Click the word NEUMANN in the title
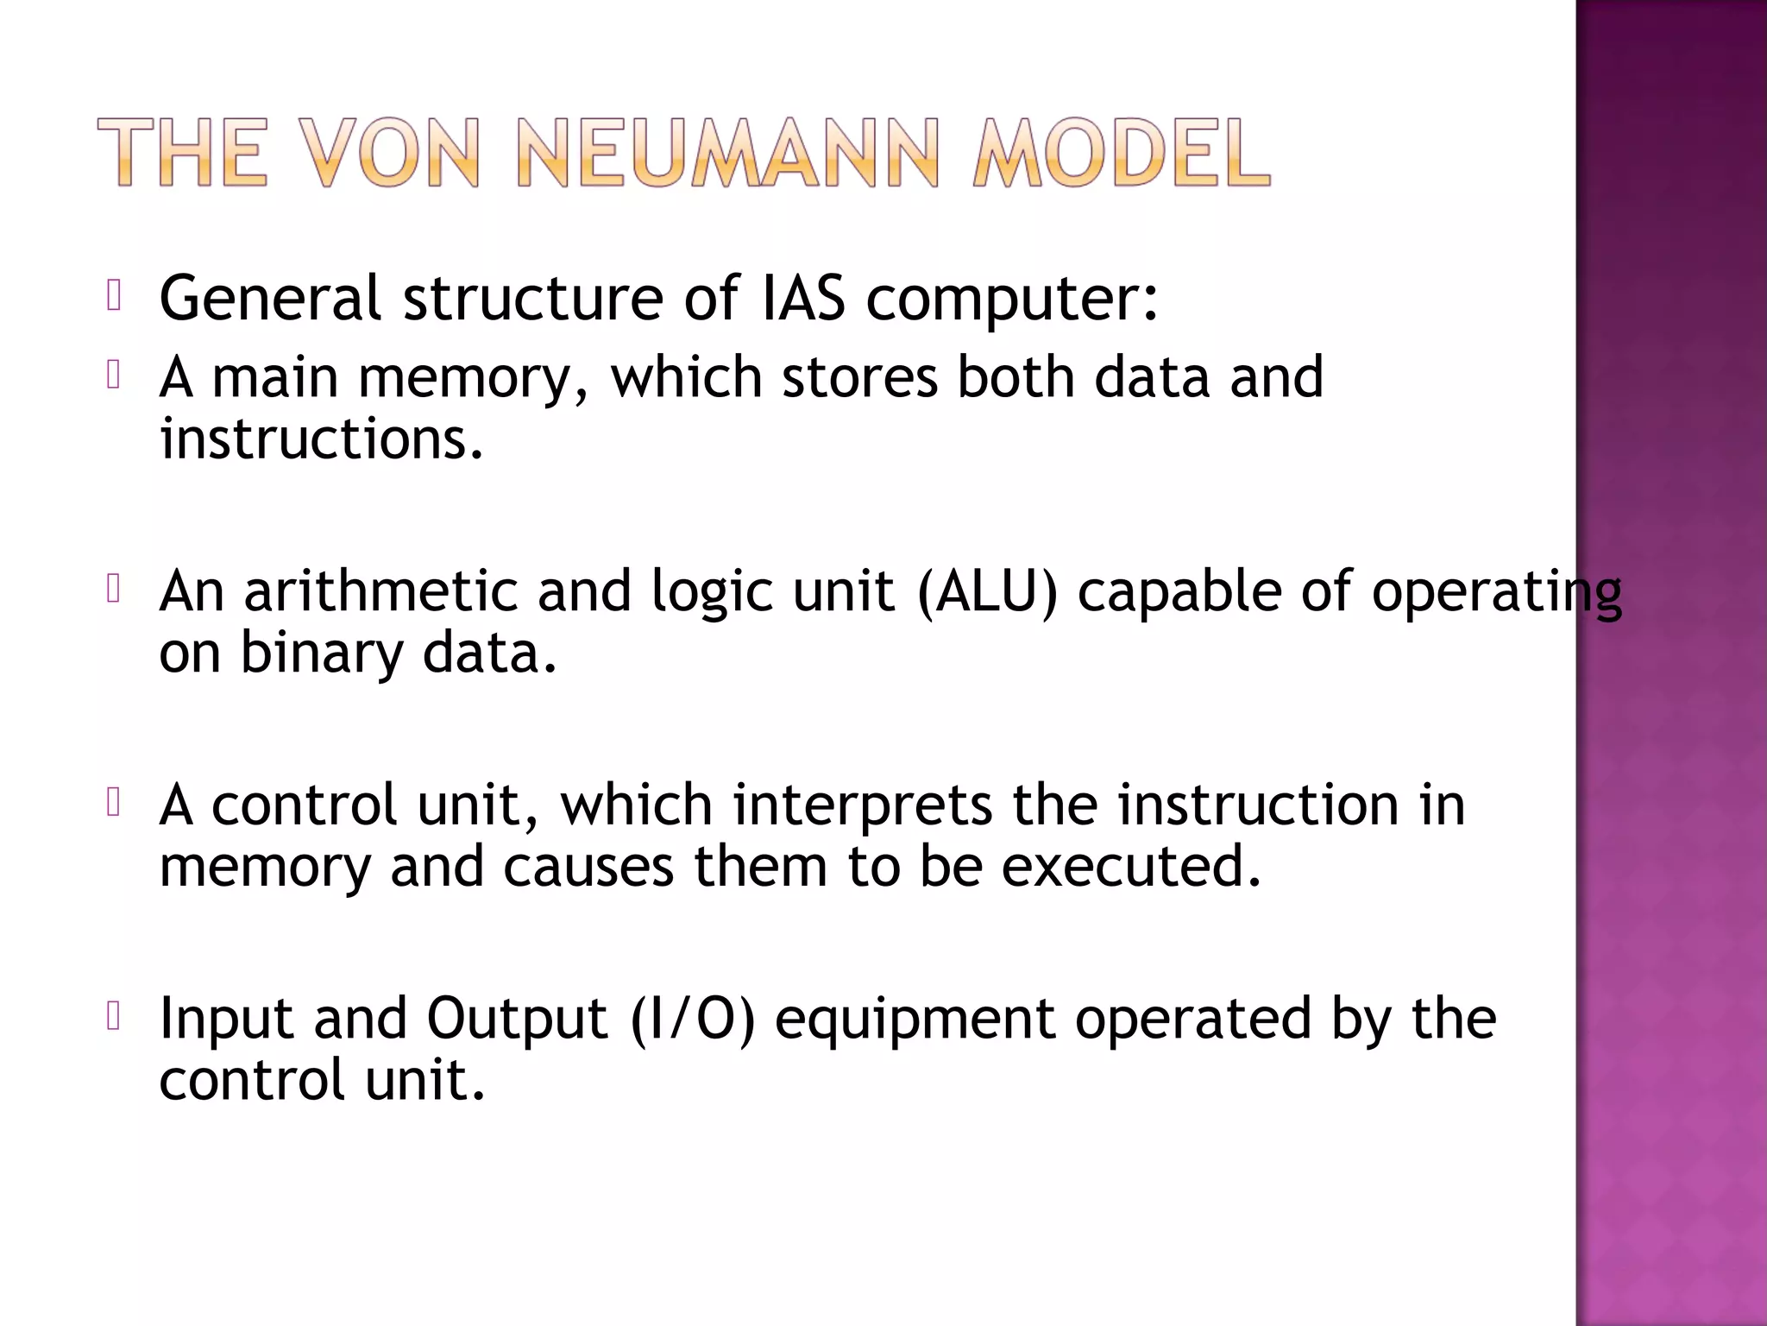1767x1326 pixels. [x=726, y=154]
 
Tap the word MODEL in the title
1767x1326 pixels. [x=1121, y=154]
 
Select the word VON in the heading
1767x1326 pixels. [x=393, y=154]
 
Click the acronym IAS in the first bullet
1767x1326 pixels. [x=802, y=299]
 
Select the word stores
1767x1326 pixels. [x=859, y=378]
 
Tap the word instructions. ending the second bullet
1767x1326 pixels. [x=321, y=439]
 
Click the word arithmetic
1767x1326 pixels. [x=380, y=592]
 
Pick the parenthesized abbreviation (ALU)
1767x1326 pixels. [x=987, y=592]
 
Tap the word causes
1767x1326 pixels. [x=588, y=867]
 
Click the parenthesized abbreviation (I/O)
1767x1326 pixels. [x=693, y=1020]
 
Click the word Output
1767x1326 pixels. [x=517, y=1020]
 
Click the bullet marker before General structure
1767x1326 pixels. [x=114, y=296]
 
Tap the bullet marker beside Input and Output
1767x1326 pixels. [x=114, y=1017]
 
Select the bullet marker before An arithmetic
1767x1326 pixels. [x=114, y=590]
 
